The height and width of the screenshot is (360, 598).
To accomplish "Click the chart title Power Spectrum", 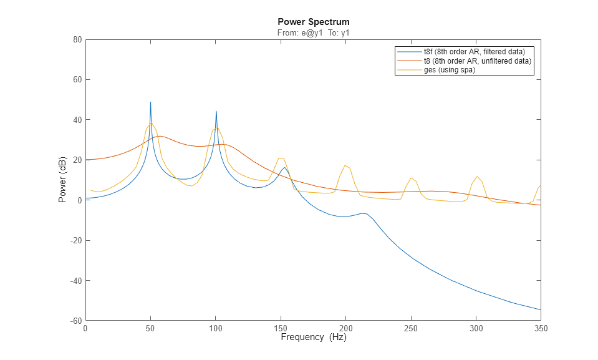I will [313, 22].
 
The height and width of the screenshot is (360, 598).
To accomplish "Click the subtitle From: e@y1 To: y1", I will [313, 32].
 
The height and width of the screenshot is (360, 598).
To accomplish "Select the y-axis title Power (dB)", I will [62, 180].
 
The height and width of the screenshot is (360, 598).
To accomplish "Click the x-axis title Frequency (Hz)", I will [313, 338].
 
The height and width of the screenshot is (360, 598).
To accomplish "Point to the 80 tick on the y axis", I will [77, 39].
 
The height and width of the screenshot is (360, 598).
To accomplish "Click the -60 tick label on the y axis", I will [75, 321].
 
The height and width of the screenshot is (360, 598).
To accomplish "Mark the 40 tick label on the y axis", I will [77, 120].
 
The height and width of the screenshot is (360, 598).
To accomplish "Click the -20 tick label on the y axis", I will [75, 240].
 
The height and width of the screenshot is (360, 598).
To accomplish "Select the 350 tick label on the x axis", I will [540, 328].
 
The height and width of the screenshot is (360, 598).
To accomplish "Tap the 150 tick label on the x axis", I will [281, 328].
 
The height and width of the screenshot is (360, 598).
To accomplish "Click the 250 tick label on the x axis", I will [410, 328].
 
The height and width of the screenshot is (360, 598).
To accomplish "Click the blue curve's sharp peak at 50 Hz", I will [150, 102].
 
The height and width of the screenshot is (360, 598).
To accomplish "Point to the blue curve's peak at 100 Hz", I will [216, 112].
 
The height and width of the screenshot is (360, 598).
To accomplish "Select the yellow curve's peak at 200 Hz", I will [345, 165].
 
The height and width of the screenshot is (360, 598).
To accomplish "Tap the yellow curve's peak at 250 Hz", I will [411, 178].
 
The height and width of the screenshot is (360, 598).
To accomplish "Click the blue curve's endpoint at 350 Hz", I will [540, 309].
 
